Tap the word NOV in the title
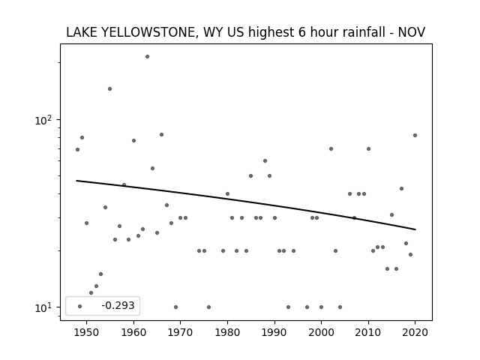pyautogui.click(x=412, y=32)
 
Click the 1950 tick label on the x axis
pyautogui.click(x=87, y=332)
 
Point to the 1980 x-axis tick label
pyautogui.click(x=227, y=332)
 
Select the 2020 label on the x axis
pyautogui.click(x=415, y=332)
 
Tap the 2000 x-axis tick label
pyautogui.click(x=321, y=332)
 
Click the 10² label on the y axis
pyautogui.click(x=43, y=120)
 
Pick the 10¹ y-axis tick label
pyautogui.click(x=43, y=307)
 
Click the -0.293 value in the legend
pyautogui.click(x=118, y=305)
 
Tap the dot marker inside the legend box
pyautogui.click(x=80, y=306)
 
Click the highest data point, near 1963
pyautogui.click(x=147, y=57)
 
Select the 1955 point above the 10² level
pyautogui.click(x=109, y=88)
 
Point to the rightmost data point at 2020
pyautogui.click(x=415, y=135)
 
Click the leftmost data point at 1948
pyautogui.click(x=77, y=149)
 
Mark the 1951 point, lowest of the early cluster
pyautogui.click(x=91, y=292)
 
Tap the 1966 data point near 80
pyautogui.click(x=162, y=134)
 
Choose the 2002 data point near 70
pyautogui.click(x=331, y=148)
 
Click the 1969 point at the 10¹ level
pyautogui.click(x=175, y=307)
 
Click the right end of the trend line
pyautogui.click(x=415, y=229)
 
